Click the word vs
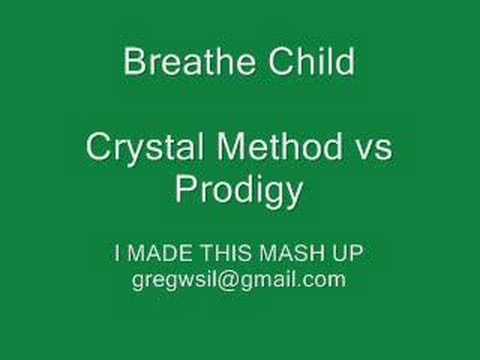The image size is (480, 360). (373, 150)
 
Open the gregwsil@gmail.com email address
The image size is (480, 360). (239, 280)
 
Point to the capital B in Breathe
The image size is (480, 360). (134, 63)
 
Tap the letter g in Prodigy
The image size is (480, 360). (273, 192)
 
